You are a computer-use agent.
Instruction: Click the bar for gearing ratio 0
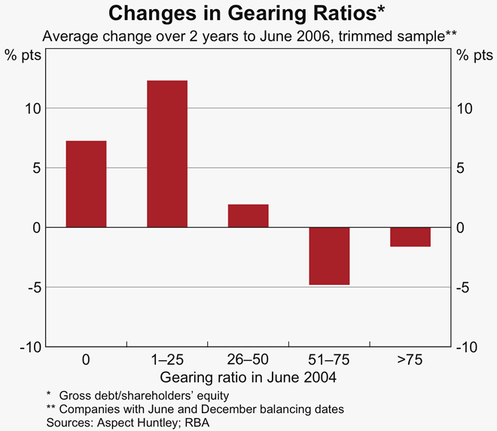point(86,184)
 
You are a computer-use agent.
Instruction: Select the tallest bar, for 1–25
point(167,154)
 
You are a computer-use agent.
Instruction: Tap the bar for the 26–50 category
point(248,216)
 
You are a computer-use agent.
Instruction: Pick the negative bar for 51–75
point(329,256)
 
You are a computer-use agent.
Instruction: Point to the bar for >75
point(410,237)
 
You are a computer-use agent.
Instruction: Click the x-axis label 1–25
point(167,360)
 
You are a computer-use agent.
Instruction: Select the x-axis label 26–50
point(248,360)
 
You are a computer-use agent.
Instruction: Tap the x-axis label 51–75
point(329,360)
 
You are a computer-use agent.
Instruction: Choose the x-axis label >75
point(410,360)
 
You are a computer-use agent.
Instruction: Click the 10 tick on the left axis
point(31,108)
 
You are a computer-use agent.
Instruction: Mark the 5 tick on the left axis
point(35,168)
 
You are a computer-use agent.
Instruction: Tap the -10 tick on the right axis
point(468,347)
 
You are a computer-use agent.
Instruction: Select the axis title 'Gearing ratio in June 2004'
point(248,377)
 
